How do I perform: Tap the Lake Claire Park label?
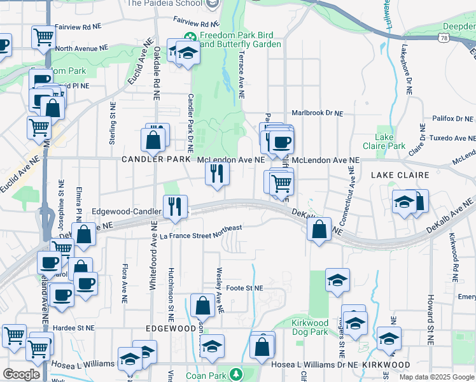390,141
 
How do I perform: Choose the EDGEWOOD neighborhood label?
171,328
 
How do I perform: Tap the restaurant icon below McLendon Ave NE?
217,173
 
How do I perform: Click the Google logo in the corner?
21,374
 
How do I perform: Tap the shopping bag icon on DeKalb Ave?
319,228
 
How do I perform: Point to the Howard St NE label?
430,318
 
